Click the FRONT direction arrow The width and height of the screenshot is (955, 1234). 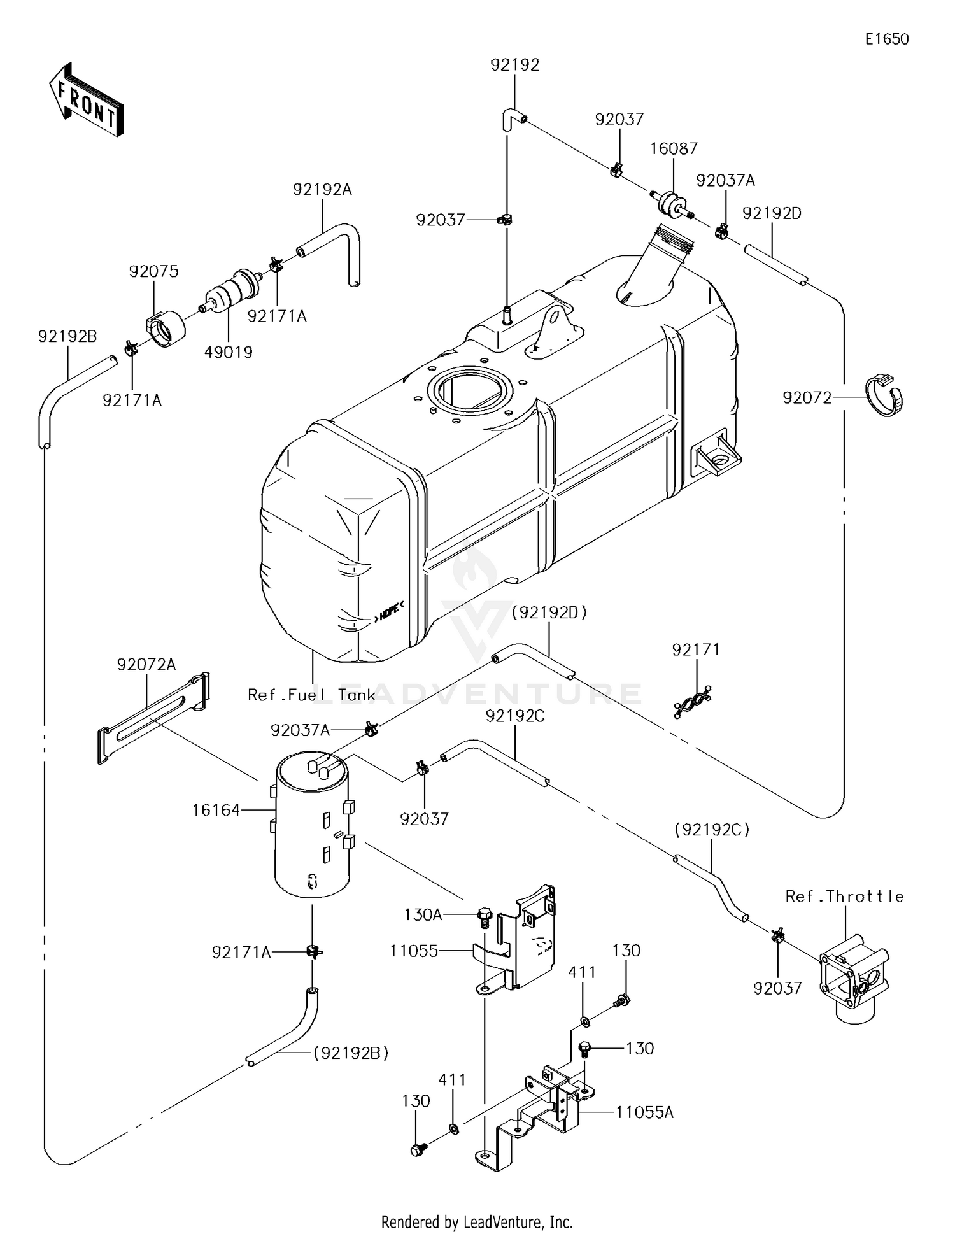click(x=86, y=101)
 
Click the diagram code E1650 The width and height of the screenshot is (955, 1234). click(x=886, y=39)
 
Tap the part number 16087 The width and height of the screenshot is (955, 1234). click(x=674, y=148)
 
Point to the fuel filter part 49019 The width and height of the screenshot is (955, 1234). click(x=233, y=290)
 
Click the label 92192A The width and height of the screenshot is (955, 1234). click(x=322, y=190)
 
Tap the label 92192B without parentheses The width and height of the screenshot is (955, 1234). click(x=67, y=336)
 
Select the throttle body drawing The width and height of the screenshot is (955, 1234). click(x=853, y=981)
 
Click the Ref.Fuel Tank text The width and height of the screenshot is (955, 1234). click(x=311, y=695)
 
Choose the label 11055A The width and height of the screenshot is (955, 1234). click(x=644, y=1112)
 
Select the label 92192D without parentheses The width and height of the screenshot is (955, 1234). click(x=772, y=213)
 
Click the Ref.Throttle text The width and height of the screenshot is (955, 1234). click(x=844, y=897)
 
